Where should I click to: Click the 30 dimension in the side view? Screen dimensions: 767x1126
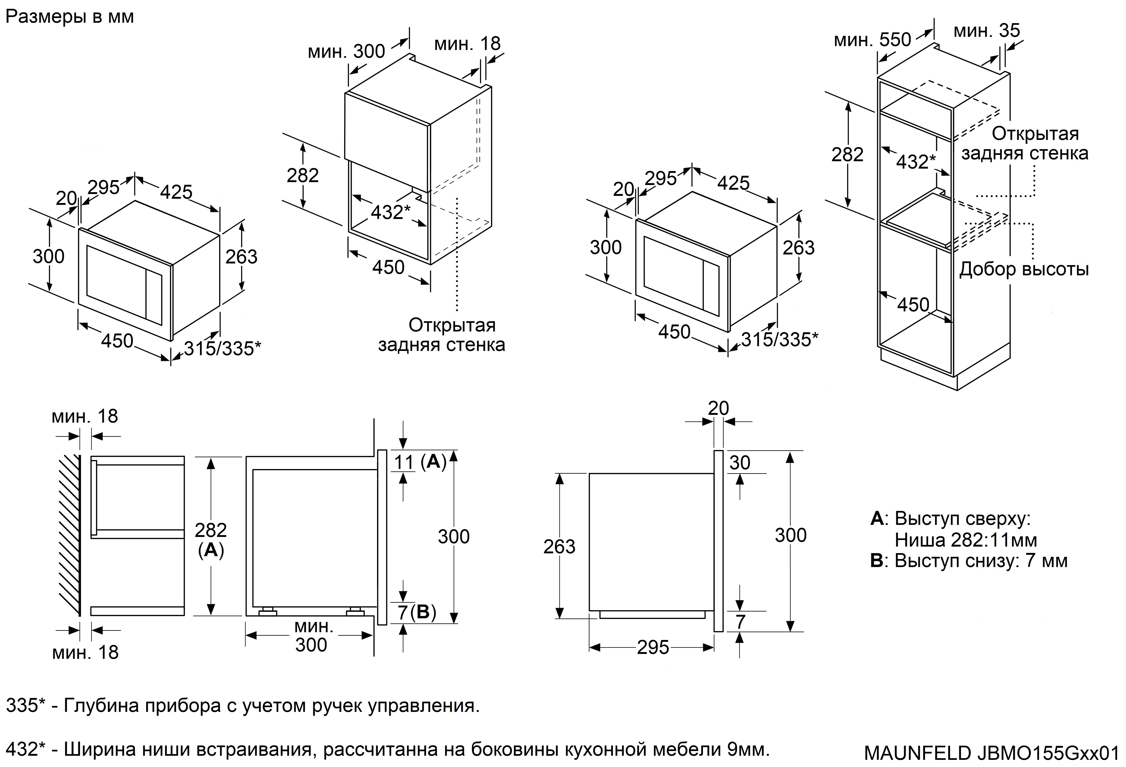pos(740,463)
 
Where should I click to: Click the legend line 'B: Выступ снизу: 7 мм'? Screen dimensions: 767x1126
pos(969,560)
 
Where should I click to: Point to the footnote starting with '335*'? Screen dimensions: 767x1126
pos(242,706)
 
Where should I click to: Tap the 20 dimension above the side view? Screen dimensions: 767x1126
pos(718,408)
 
